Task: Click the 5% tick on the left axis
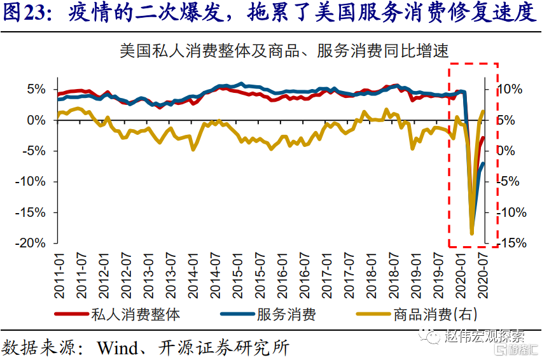(x=37, y=89)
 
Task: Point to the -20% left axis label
(x=32, y=243)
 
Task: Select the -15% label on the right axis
(x=511, y=243)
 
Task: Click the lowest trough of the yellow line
(x=472, y=233)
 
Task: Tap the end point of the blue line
(x=483, y=163)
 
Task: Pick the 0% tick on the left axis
(x=37, y=120)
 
